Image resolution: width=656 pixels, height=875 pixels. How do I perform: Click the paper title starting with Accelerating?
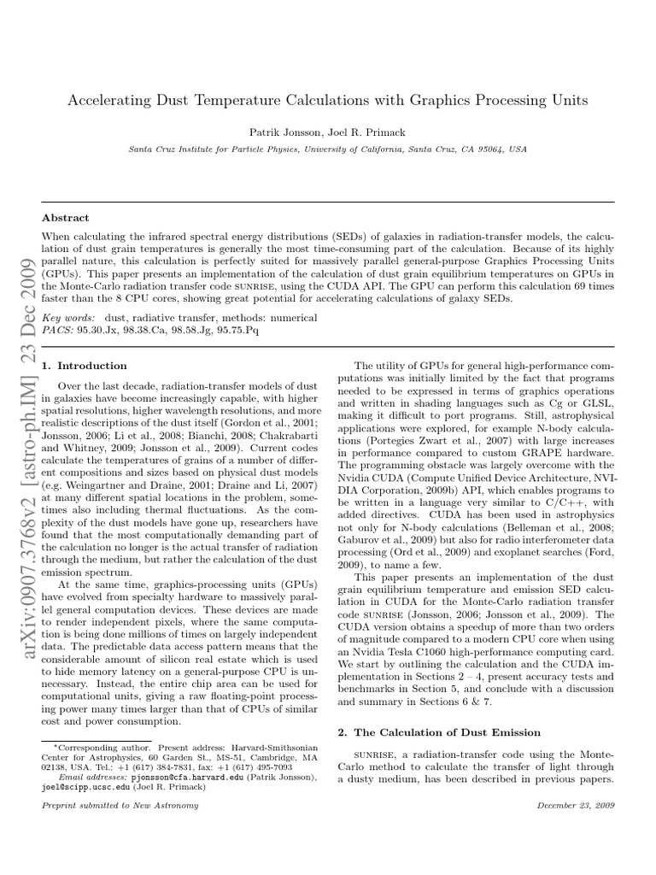(328, 101)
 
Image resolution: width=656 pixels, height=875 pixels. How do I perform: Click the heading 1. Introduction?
(85, 366)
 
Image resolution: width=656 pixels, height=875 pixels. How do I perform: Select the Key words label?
(67, 317)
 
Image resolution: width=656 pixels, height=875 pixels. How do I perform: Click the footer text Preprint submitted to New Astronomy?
(120, 805)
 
